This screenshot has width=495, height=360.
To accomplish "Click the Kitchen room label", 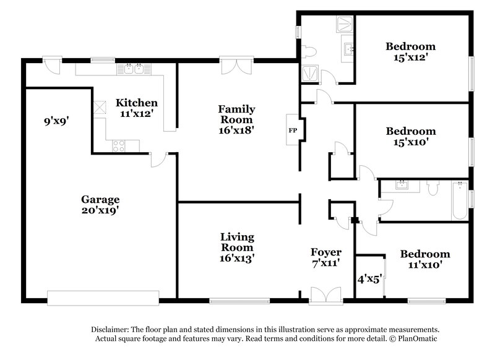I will pos(137,103).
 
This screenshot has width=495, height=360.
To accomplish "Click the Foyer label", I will pos(325,252).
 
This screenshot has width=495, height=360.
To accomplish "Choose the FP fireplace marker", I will pos(292,131).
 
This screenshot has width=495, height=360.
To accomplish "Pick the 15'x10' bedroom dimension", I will pos(411,142).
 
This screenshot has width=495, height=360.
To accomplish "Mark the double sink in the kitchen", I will pos(134,69).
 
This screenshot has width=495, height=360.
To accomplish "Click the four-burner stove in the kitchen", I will pos(118,145).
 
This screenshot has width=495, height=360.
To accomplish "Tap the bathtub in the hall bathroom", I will pos(459,199).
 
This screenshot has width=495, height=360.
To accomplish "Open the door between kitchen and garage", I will pos(158,160).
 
